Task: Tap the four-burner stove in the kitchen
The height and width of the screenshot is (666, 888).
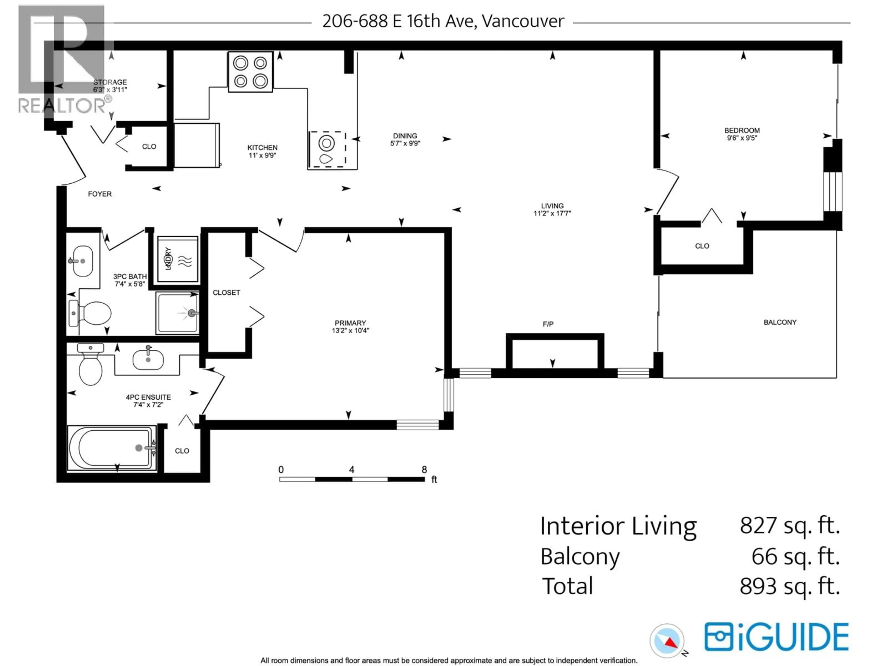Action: point(250,72)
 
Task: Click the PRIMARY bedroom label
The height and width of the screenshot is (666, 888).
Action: point(350,323)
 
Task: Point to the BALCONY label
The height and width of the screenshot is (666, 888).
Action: point(780,322)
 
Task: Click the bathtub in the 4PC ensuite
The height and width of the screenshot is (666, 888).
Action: point(112,448)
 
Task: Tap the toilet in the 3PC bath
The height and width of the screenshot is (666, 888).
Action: point(90,313)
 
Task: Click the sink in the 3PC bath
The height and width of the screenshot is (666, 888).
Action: point(82,261)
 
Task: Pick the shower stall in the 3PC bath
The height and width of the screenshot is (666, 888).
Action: point(177,313)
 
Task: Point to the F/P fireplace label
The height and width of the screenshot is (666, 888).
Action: point(548,324)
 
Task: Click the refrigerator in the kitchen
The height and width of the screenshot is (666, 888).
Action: point(197,145)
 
